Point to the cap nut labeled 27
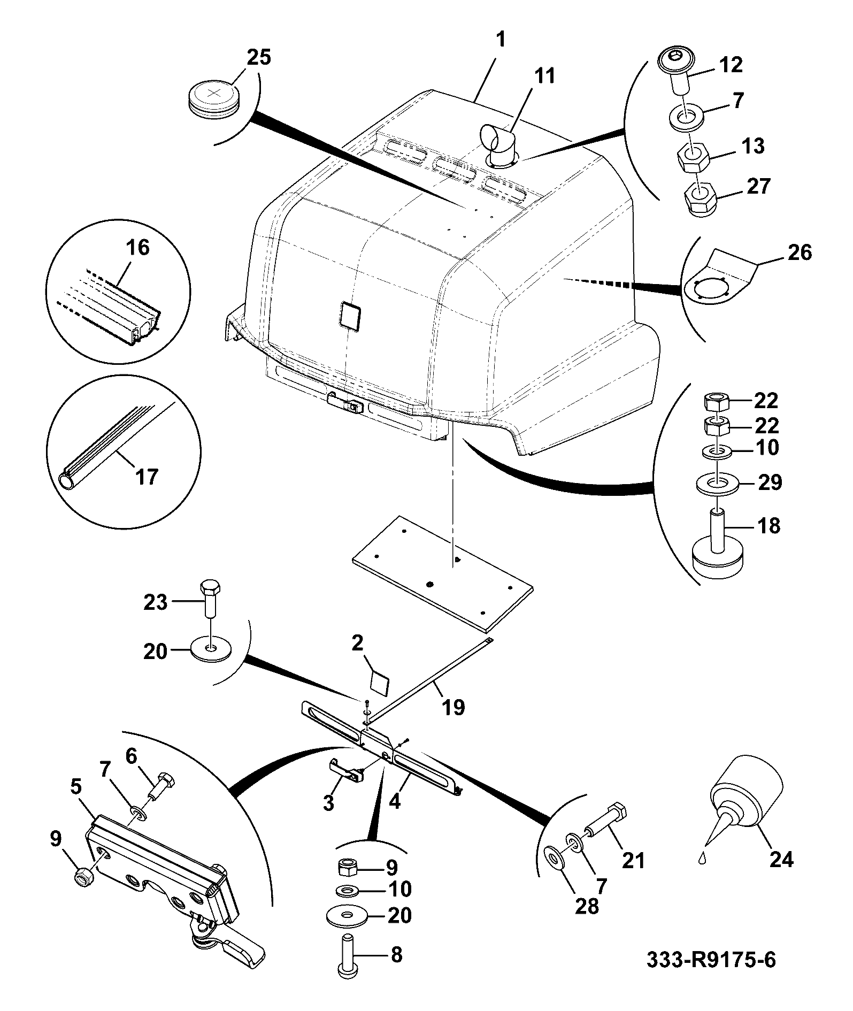(697, 200)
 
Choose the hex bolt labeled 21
(605, 817)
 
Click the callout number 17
(146, 476)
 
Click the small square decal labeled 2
(380, 683)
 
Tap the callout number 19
(453, 707)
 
